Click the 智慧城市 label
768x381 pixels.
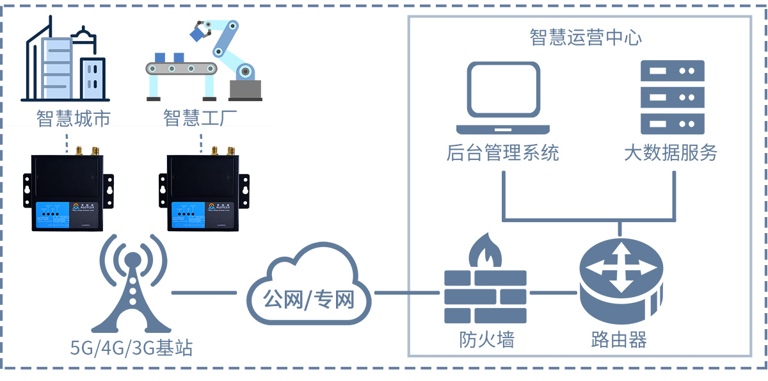click(x=74, y=118)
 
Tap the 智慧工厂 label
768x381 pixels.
click(x=200, y=118)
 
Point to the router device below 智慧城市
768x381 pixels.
click(x=67, y=191)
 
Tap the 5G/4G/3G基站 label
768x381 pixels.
click(x=132, y=348)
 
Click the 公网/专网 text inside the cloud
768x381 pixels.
click(x=308, y=298)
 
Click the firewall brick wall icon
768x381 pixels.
click(x=486, y=296)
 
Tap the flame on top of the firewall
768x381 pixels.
click(x=484, y=251)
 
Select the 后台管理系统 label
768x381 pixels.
click(x=502, y=153)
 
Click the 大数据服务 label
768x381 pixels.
click(x=671, y=153)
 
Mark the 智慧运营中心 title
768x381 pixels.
click(x=585, y=37)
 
